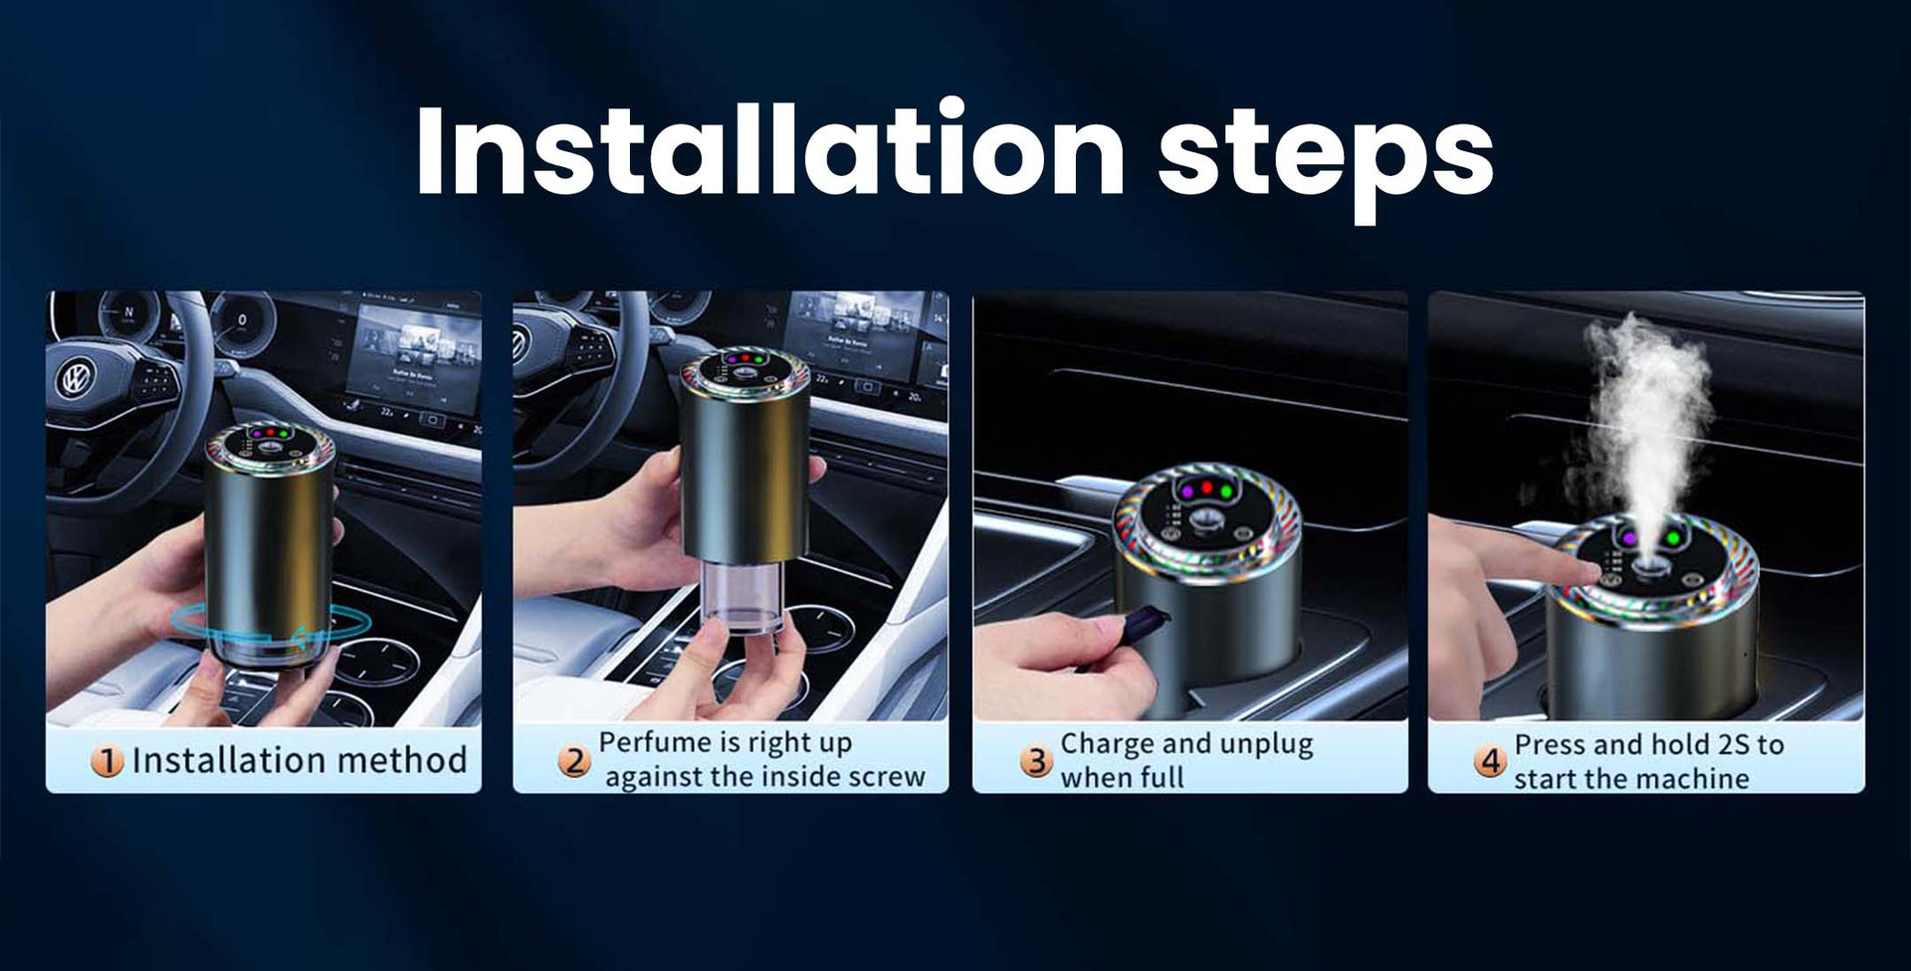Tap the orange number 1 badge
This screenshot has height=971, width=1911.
pos(106,762)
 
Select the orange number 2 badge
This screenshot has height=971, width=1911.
pos(573,761)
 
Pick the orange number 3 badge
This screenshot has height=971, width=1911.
pos(1036,762)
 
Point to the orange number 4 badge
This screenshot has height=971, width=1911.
pos(1490,762)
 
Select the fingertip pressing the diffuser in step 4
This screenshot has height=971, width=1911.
pos(1589,568)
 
